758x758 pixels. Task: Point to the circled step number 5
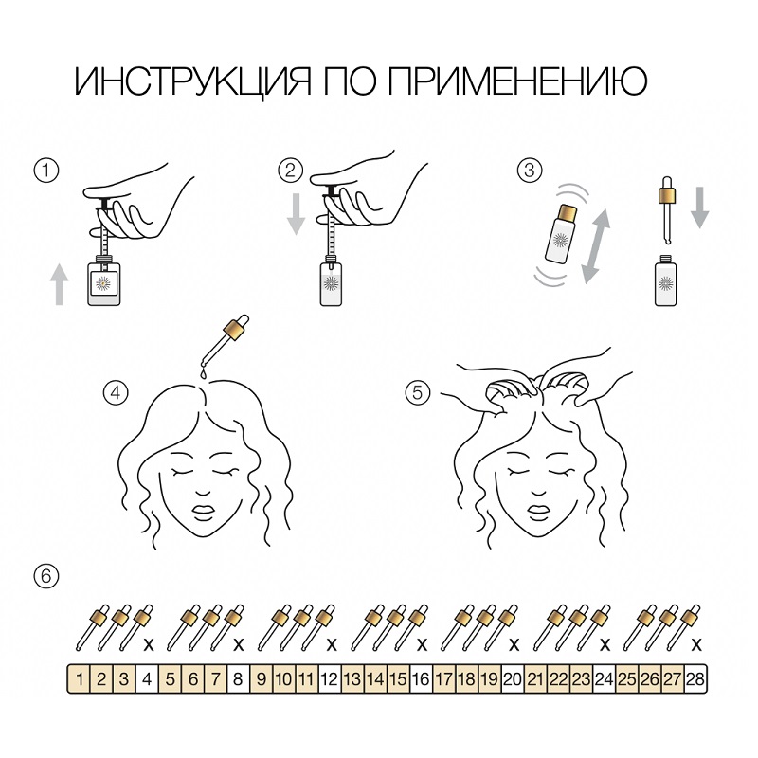tap(418, 391)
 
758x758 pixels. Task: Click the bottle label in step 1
tap(102, 282)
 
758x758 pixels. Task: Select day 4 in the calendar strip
tap(146, 678)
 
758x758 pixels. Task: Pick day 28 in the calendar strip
tap(695, 678)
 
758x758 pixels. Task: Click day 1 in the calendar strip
tap(81, 678)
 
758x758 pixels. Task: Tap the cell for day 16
tap(420, 678)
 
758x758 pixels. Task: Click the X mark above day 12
tap(331, 645)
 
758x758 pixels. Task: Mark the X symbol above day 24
tap(605, 645)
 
